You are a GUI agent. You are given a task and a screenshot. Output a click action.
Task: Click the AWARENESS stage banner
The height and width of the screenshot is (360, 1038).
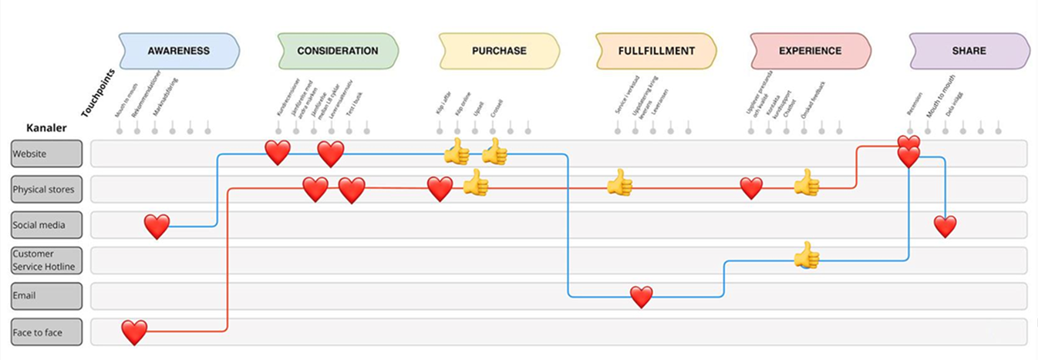click(178, 51)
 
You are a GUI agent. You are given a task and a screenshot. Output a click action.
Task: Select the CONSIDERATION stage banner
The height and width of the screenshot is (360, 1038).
click(337, 51)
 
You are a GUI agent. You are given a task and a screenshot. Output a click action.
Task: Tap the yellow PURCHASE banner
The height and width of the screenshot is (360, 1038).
click(499, 51)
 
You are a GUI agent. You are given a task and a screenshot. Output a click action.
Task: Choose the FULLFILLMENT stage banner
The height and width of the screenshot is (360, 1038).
click(656, 51)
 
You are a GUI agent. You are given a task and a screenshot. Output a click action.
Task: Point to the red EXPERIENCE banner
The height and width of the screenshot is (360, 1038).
click(810, 51)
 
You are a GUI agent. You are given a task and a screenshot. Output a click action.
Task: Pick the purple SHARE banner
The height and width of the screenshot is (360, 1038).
click(969, 51)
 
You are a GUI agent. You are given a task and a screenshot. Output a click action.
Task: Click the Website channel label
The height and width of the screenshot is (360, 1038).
click(46, 153)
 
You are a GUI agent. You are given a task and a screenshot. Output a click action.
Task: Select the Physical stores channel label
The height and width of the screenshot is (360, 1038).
click(46, 189)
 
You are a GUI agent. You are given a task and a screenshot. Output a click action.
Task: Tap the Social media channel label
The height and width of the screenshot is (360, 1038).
click(46, 225)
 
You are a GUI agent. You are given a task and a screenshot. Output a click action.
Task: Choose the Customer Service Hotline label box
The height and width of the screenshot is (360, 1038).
click(46, 261)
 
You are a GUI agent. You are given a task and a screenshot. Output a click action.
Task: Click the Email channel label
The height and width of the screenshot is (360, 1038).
click(46, 296)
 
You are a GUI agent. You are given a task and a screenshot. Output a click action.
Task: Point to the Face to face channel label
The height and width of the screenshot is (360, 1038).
click(46, 332)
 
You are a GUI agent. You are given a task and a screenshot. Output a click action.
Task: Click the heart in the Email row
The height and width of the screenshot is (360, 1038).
click(641, 296)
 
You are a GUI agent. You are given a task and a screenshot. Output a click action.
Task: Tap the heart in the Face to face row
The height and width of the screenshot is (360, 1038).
click(134, 332)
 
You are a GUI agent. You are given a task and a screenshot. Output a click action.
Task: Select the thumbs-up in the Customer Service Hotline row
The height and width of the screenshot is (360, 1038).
click(807, 254)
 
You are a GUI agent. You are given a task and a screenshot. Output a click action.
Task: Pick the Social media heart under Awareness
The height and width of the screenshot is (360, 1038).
click(157, 226)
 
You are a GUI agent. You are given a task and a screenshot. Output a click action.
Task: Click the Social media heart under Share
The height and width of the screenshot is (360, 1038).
click(945, 226)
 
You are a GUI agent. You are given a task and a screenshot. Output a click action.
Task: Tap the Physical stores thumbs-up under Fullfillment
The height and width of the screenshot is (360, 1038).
click(618, 183)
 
